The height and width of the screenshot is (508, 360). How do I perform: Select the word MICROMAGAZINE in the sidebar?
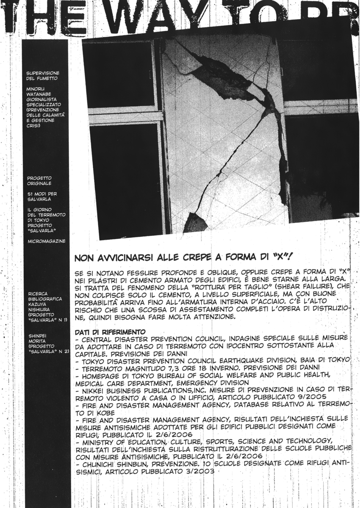click(x=46, y=241)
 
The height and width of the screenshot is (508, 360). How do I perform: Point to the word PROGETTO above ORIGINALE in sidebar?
click(x=39, y=178)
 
